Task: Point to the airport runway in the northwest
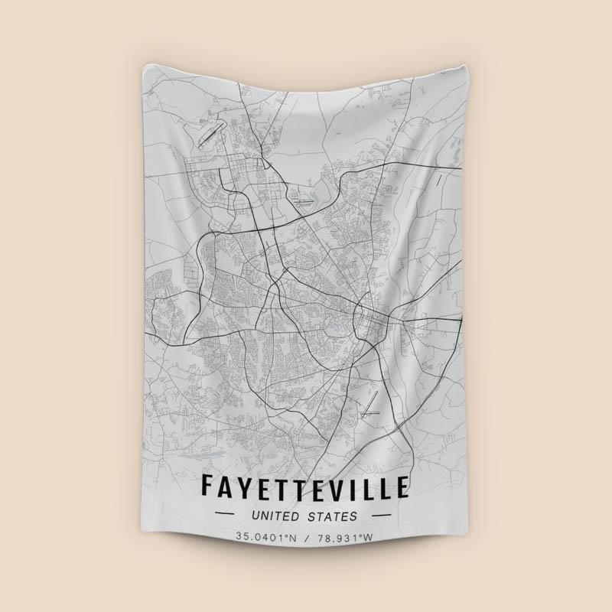(211, 135)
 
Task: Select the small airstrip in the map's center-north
(304, 203)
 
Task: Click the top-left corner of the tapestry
(145, 65)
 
